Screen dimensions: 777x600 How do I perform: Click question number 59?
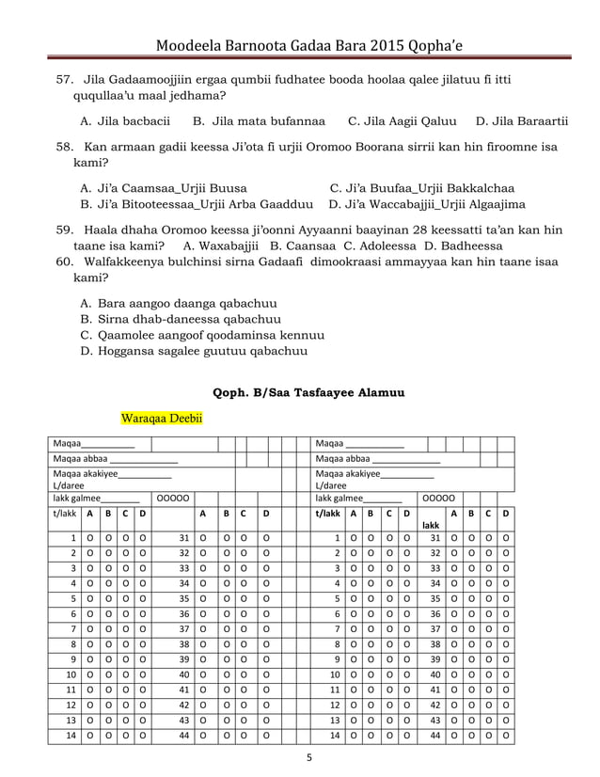click(66, 229)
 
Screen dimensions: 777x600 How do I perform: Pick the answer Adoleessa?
click(386, 246)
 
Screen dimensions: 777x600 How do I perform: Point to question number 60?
click(66, 262)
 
